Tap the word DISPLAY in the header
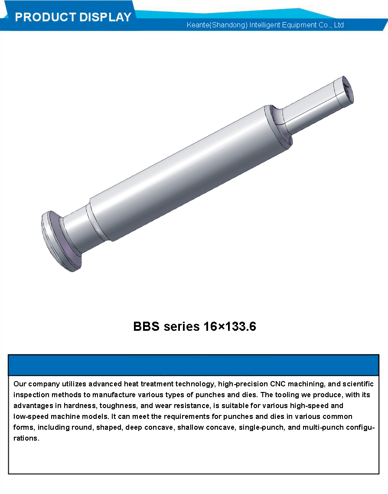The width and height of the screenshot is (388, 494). click(105, 17)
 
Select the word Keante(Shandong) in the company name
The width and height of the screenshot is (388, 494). click(217, 25)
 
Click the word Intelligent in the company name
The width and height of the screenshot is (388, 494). click(264, 25)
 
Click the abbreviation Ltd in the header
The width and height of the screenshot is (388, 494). click(339, 25)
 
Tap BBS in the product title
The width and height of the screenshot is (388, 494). click(147, 326)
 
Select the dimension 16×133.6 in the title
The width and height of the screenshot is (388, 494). click(230, 326)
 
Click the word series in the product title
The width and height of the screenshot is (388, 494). click(182, 327)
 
